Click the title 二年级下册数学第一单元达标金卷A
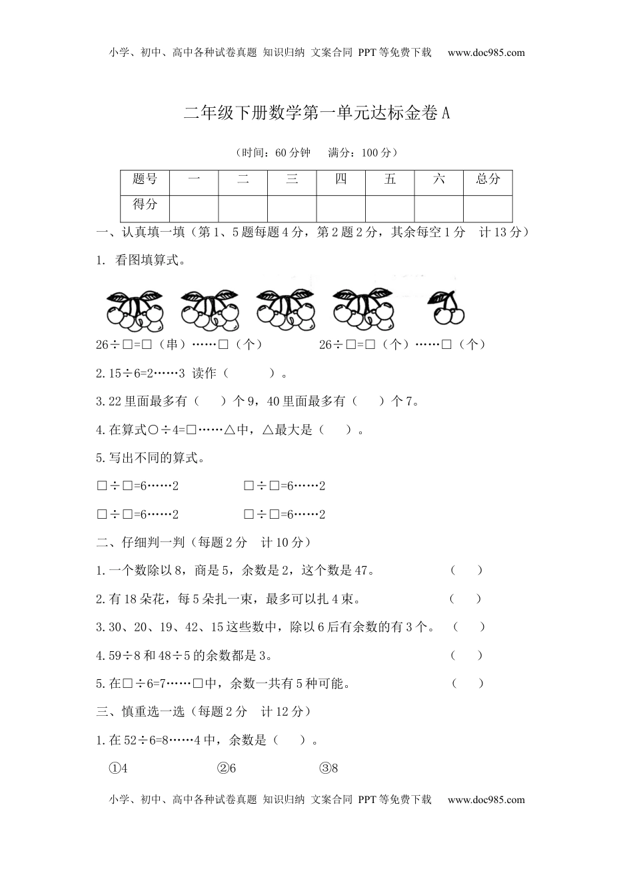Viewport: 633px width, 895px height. pyautogui.click(x=317, y=113)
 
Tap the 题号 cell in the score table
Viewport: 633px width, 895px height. pyautogui.click(x=145, y=179)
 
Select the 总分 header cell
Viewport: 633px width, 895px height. pyautogui.click(x=488, y=179)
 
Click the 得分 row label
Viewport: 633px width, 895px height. pyautogui.click(x=145, y=205)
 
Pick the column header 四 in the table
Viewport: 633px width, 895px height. pyautogui.click(x=341, y=179)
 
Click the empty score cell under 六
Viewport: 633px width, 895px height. pyautogui.click(x=438, y=208)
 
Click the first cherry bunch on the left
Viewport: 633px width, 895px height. pyautogui.click(x=135, y=311)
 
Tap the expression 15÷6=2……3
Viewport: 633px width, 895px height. pyautogui.click(x=140, y=374)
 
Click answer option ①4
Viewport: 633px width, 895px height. pyautogui.click(x=119, y=768)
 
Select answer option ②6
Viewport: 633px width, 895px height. pyautogui.click(x=227, y=768)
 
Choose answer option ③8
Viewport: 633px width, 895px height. pyautogui.click(x=329, y=768)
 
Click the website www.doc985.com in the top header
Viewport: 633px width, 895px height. pyautogui.click(x=486, y=53)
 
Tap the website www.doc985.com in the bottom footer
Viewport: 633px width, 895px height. pyautogui.click(x=486, y=800)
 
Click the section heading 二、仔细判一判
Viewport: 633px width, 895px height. pyautogui.click(x=141, y=543)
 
